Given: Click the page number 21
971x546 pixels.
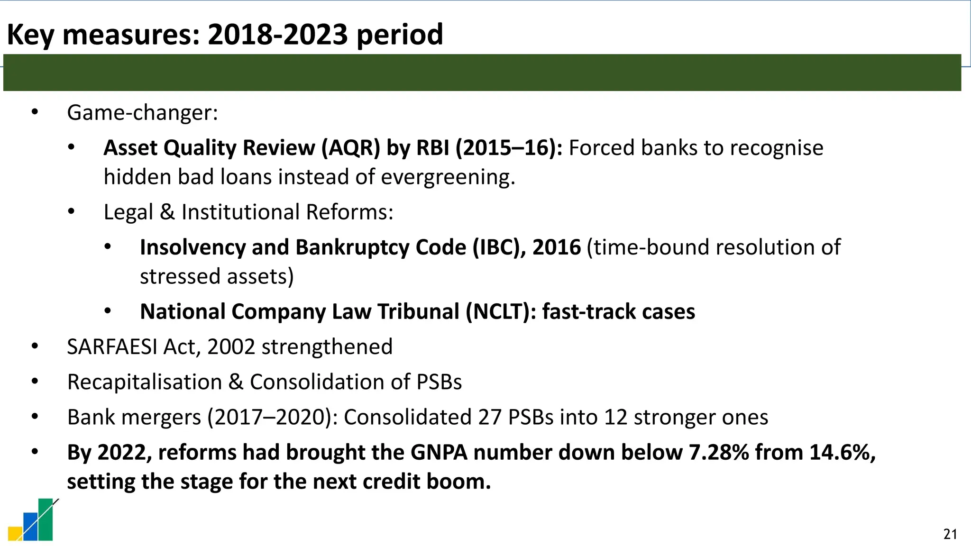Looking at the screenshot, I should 950,534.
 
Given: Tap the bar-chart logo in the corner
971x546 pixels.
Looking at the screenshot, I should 33,520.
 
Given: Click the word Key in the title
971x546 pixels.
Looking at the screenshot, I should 30,35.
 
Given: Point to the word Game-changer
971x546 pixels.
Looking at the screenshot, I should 142,113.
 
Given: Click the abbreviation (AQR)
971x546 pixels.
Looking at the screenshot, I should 351,148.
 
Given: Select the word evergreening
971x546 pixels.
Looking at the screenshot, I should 448,177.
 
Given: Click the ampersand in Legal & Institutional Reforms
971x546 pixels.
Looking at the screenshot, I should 167,212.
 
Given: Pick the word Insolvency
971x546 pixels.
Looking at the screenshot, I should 192,247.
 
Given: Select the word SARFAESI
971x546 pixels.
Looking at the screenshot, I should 112,347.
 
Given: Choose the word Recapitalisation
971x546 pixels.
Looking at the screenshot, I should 145,382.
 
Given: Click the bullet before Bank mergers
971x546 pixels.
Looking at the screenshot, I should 35,417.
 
